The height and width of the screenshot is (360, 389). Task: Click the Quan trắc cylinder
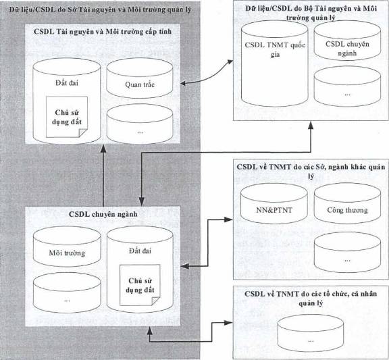(x=139, y=78)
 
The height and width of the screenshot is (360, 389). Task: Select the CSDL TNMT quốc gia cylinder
(x=275, y=63)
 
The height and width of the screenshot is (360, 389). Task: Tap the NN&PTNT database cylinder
(x=274, y=203)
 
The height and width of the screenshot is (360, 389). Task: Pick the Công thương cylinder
(x=347, y=203)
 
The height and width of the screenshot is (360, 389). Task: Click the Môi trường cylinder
(x=67, y=247)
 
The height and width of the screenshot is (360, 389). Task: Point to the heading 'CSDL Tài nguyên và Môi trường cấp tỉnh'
(x=103, y=32)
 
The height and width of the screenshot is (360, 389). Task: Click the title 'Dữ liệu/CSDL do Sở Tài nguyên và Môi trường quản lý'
(x=100, y=9)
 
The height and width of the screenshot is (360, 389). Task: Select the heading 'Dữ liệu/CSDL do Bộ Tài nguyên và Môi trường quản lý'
(x=311, y=13)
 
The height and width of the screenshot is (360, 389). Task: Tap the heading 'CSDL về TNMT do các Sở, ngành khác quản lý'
(x=311, y=171)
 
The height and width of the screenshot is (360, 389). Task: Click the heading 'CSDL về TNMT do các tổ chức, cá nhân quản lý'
(x=311, y=299)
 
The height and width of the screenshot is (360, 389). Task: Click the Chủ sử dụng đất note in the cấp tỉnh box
(x=67, y=117)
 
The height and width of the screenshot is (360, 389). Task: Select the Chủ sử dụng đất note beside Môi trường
(x=140, y=285)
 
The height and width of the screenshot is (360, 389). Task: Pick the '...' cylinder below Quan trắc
(x=139, y=124)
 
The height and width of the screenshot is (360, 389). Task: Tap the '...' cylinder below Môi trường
(x=67, y=293)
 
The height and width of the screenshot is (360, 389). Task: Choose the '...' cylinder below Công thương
(x=347, y=252)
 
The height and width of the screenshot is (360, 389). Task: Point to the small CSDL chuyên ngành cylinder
(x=347, y=41)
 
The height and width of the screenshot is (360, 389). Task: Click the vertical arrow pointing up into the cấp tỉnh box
(x=103, y=175)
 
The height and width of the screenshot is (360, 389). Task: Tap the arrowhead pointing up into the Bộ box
(x=311, y=125)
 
